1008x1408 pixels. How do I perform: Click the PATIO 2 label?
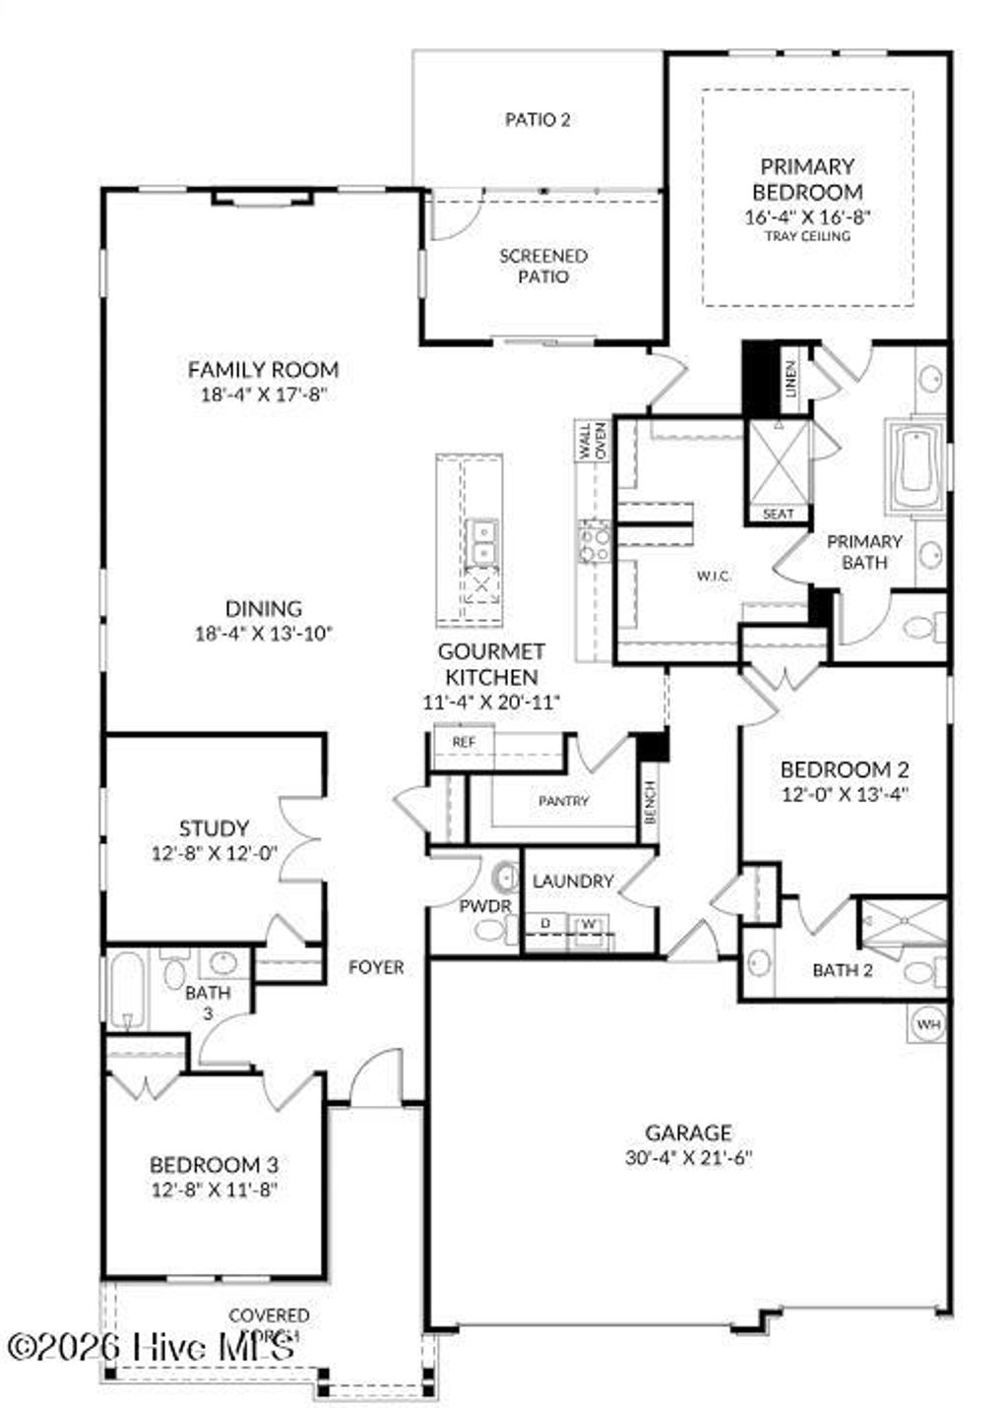537,120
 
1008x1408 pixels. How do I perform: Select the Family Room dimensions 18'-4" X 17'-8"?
263,396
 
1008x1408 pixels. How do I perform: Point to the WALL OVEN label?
593,441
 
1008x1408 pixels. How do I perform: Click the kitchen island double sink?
482,542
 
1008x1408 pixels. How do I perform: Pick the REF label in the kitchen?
463,741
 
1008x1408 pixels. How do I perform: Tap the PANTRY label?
563,801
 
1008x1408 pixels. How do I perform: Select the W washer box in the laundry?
589,924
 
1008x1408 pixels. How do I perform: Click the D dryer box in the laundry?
545,924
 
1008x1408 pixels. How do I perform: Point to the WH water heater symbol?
928,1024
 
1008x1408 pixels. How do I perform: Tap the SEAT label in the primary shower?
778,514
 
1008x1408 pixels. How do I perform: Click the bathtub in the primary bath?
914,468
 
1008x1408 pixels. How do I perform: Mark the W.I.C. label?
714,577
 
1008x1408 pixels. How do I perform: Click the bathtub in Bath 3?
127,988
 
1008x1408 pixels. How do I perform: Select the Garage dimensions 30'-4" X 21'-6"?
688,1158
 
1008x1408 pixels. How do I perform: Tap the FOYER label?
376,968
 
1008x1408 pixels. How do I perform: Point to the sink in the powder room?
506,876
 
